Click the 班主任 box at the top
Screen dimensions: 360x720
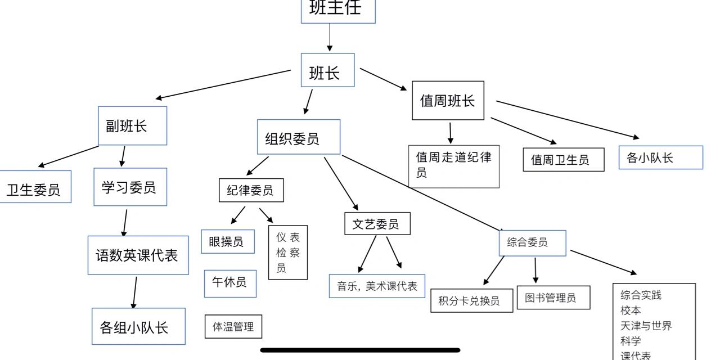pos(337,10)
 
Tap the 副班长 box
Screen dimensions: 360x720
pos(132,125)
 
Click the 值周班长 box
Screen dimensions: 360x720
pos(448,101)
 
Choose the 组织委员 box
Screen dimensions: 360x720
pos(298,137)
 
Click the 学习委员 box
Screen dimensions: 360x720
pos(130,187)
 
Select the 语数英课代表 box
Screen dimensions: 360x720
pos(138,255)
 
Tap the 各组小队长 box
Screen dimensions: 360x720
pos(138,326)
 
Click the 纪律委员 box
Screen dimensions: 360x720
pos(251,190)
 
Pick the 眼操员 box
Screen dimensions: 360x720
pos(227,241)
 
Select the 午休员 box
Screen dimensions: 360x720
pos(230,283)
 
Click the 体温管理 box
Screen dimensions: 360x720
pos(233,326)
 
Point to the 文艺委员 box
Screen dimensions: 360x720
pos(377,224)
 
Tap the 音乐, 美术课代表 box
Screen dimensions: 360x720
pos(377,286)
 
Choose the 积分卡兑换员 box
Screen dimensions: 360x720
pos(471,300)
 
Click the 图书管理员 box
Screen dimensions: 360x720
pos(553,298)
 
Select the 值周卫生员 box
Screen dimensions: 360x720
pos(563,160)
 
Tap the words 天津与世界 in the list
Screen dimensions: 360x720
pos(646,326)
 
